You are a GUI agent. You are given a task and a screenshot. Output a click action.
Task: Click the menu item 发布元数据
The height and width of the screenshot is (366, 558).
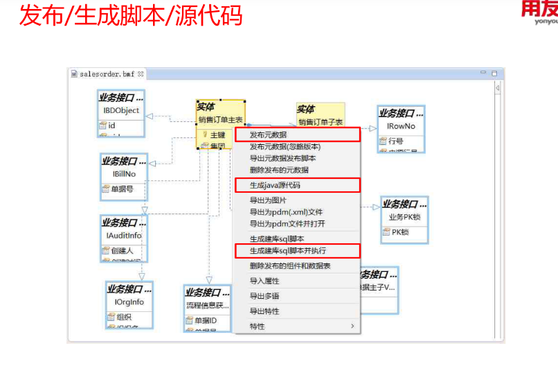click(x=268, y=134)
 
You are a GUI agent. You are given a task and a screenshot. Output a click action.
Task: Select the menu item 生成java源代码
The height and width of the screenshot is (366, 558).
click(x=275, y=185)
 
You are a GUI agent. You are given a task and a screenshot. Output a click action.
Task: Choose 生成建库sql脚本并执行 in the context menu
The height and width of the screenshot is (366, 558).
click(x=287, y=250)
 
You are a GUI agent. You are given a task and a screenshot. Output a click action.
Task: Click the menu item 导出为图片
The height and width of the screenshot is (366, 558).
click(x=268, y=200)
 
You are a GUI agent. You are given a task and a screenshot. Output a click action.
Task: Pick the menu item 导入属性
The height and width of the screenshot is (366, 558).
click(x=264, y=281)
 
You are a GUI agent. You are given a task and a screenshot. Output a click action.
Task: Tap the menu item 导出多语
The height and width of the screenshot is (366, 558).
click(x=264, y=296)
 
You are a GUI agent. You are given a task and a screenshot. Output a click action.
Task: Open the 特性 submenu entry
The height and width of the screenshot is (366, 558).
click(x=258, y=326)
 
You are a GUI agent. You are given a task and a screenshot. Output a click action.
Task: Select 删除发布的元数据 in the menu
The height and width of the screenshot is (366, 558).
click(x=279, y=170)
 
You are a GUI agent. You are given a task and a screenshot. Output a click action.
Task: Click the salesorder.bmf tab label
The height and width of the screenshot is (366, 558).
click(x=107, y=73)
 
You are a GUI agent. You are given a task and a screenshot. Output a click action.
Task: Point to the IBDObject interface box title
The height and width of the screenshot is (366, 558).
click(x=121, y=110)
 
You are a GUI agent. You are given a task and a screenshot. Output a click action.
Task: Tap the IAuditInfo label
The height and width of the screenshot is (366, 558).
click(x=125, y=236)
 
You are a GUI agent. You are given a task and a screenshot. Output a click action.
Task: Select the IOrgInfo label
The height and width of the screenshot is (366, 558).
click(x=129, y=302)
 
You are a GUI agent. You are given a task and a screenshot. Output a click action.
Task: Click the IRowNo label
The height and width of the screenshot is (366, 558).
click(x=401, y=126)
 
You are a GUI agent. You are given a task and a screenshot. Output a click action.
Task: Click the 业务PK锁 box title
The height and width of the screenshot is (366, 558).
click(x=405, y=218)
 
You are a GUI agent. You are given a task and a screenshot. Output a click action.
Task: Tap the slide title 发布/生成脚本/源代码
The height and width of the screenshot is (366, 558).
click(x=131, y=15)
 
